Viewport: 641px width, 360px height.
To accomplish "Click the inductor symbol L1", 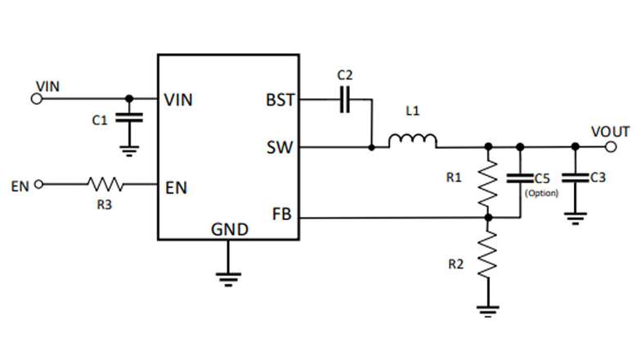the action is click(412, 141).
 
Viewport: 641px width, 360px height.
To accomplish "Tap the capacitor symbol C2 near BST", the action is click(345, 100).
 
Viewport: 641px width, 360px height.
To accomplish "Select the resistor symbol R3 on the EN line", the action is click(105, 185).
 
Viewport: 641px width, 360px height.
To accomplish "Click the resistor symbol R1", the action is click(488, 182).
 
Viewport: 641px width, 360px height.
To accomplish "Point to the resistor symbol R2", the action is click(488, 254).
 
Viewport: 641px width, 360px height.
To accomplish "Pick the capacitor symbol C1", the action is click(129, 118).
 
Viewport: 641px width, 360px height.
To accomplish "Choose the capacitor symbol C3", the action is click(576, 178).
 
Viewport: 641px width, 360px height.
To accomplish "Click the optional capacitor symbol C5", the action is click(520, 178).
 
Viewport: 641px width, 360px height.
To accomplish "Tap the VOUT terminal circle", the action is click(611, 146).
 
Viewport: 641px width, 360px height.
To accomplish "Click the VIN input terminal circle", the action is click(36, 98).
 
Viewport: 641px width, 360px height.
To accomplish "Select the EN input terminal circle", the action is click(39, 185).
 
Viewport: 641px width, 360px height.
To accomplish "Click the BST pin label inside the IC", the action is click(280, 100).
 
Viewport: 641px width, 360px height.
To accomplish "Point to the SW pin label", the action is click(280, 147).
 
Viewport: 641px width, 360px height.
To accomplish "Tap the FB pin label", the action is click(281, 214).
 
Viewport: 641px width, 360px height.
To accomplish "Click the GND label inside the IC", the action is click(230, 229).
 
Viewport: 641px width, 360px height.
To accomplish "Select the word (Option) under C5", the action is click(541, 193).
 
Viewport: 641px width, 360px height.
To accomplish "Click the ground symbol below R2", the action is click(488, 311).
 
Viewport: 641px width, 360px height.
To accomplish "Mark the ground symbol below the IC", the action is click(229, 280).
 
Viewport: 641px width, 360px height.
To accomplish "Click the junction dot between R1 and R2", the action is click(488, 218).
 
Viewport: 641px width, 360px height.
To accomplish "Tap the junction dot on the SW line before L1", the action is click(371, 147).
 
